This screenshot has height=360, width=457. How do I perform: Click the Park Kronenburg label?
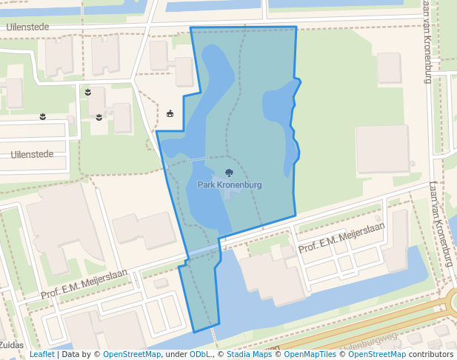click(230, 184)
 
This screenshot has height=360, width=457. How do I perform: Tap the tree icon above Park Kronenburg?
click(229, 173)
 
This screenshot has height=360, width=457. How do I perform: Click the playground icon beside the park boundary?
click(170, 113)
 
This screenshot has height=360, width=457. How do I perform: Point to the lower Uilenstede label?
click(32, 154)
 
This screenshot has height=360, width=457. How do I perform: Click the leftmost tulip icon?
click(43, 116)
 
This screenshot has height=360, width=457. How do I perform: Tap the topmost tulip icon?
click(87, 91)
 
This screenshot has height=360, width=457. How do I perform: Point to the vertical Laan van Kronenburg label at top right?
click(427, 41)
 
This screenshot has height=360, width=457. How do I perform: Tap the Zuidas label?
click(11, 345)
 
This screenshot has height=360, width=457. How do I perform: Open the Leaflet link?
click(41, 354)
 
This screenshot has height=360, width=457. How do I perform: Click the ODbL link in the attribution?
click(199, 354)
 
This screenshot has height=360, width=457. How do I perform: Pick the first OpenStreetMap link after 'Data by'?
click(132, 354)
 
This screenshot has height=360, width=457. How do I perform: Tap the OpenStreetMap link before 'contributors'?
click(378, 354)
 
